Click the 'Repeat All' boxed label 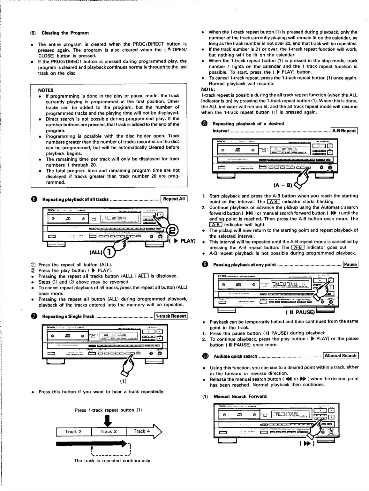pos(174,199)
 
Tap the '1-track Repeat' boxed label pos(171,316)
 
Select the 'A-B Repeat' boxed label pos(344,130)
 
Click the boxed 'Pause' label pos(350,264)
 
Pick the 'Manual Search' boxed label pos(341,356)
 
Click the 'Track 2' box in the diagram pos(73,432)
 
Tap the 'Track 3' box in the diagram pos(109,432)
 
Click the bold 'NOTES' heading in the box pos(46,90)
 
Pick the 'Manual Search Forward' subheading pos(240,397)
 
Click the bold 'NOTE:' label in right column pos(208,89)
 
